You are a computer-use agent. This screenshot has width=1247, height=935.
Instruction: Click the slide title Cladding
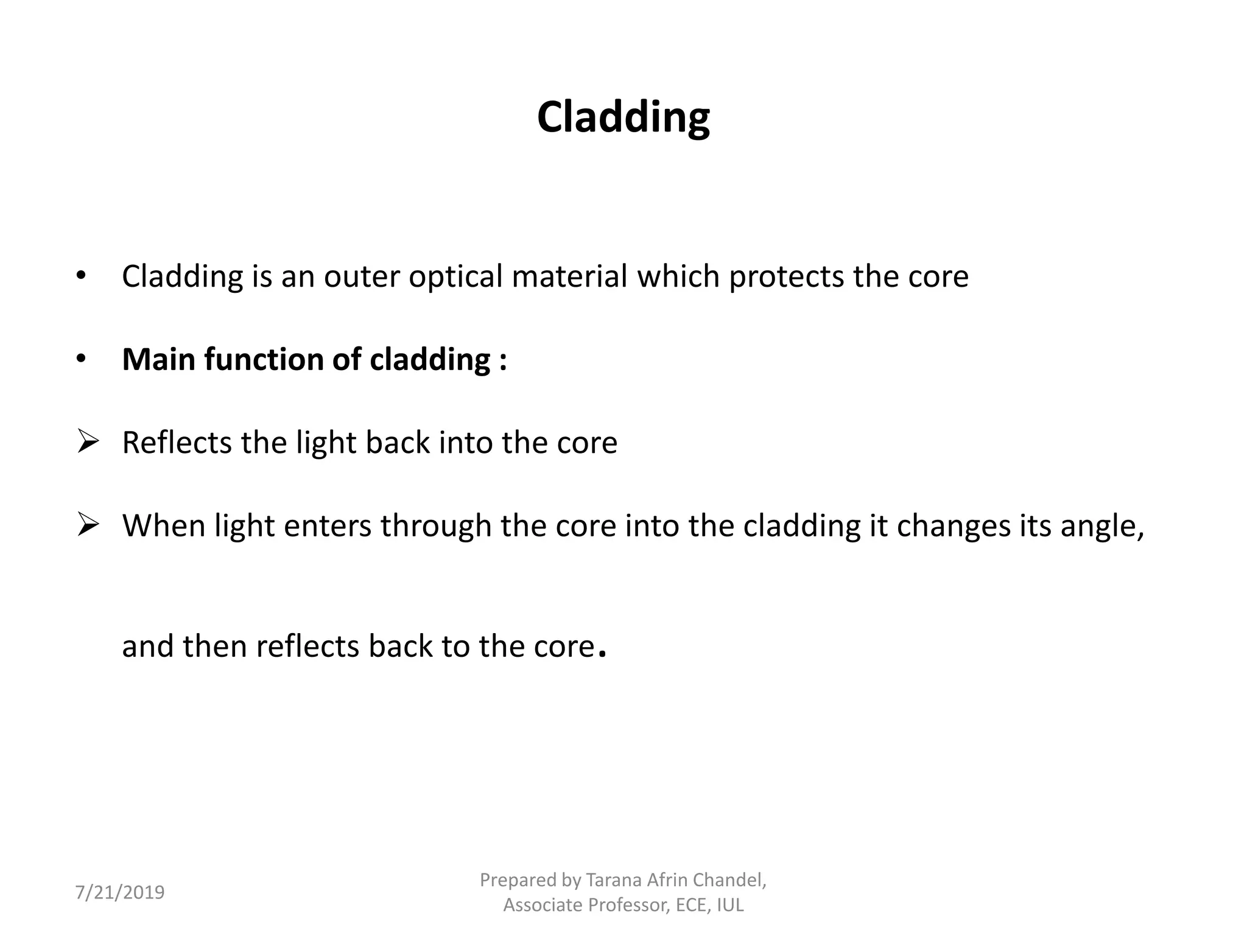(x=623, y=117)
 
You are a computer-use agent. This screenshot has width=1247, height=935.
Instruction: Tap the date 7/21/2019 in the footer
(x=120, y=892)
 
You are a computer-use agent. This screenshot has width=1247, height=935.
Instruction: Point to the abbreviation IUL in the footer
(x=730, y=905)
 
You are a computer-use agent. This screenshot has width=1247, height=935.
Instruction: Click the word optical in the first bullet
(x=455, y=277)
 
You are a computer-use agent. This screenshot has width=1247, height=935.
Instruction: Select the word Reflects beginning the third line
(x=177, y=443)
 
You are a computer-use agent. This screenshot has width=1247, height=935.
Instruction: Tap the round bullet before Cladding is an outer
(x=81, y=276)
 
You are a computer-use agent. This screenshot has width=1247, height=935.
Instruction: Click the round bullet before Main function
(x=81, y=359)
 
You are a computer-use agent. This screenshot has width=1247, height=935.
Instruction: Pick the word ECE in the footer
(x=692, y=905)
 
